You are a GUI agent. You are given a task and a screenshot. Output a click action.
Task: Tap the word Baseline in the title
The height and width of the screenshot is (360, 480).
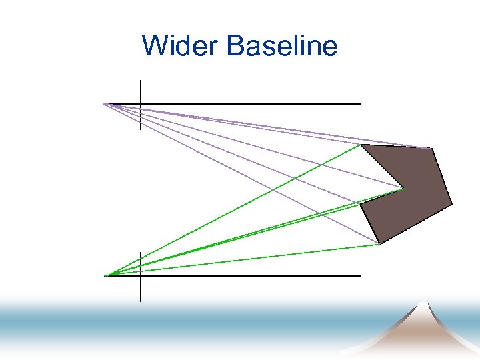[282, 47]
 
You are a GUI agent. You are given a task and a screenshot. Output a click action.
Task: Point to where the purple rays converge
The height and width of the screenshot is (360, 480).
[105, 104]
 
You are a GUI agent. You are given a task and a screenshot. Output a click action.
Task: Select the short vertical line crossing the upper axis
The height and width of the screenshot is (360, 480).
[141, 90]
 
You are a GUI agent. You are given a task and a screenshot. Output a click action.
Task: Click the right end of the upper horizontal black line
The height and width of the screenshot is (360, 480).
[359, 104]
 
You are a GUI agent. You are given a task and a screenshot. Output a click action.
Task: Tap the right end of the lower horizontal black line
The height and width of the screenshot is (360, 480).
[359, 275]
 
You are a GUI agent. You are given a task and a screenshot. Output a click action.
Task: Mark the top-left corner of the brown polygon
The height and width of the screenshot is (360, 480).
[361, 145]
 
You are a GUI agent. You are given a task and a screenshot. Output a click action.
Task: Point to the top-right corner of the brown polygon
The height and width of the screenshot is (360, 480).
[431, 148]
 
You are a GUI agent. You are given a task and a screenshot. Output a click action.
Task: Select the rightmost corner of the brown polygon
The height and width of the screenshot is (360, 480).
[451, 203]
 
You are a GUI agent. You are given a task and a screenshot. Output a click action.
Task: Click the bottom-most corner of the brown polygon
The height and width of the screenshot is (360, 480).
[379, 244]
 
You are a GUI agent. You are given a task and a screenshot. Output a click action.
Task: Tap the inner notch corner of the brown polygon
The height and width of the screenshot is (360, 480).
[404, 189]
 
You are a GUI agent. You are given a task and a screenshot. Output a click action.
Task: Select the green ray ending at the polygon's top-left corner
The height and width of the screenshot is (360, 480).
[233, 210]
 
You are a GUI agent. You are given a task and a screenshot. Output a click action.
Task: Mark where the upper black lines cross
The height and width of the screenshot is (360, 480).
[141, 104]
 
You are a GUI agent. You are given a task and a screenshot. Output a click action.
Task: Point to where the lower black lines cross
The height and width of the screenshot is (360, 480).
[141, 275]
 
